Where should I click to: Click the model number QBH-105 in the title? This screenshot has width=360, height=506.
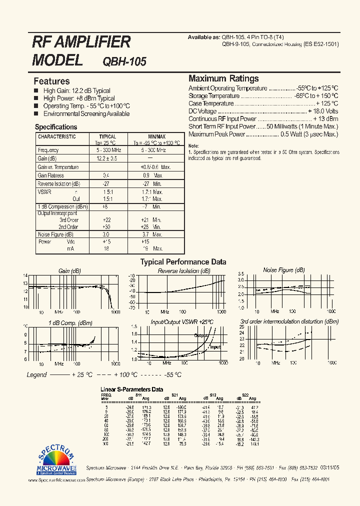pyautogui.click(x=124, y=61)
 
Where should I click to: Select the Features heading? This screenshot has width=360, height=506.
pyautogui.click(x=51, y=81)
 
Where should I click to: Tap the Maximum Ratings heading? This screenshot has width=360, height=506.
pyautogui.click(x=223, y=78)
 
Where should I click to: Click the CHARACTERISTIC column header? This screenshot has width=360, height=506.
pyautogui.click(x=57, y=136)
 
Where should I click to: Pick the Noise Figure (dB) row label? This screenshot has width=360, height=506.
pyautogui.click(x=55, y=234)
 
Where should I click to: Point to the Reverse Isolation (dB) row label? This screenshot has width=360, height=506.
pyautogui.click(x=59, y=184)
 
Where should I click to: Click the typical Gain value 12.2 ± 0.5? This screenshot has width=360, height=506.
pyautogui.click(x=107, y=158)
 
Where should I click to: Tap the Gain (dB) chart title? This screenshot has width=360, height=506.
pyautogui.click(x=69, y=270)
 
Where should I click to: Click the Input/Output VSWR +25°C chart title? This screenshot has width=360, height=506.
pyautogui.click(x=182, y=322)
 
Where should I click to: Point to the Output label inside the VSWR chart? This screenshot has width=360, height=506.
pyautogui.click(x=201, y=335)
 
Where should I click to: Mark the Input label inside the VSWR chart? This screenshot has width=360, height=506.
pyautogui.click(x=215, y=346)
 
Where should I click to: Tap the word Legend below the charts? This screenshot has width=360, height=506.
pyautogui.click(x=36, y=374)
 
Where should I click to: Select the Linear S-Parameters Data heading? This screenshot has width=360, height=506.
pyautogui.click(x=132, y=389)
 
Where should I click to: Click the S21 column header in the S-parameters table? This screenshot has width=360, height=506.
pyautogui.click(x=174, y=395)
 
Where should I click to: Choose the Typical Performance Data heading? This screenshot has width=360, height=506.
pyautogui.click(x=183, y=261)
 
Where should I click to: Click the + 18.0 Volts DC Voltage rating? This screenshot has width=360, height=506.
pyautogui.click(x=323, y=111)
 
